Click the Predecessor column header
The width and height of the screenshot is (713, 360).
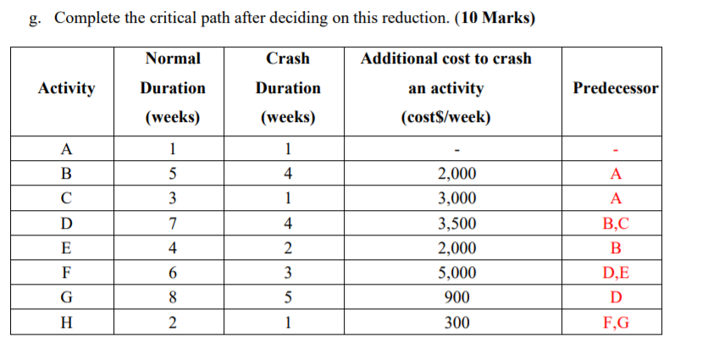616,88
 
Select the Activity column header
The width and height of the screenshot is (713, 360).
67,88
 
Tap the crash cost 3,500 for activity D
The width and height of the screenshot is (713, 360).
456,224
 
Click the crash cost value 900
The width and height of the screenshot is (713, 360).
456,298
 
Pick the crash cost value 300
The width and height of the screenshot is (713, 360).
456,323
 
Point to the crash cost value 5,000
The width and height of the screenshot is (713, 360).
456,274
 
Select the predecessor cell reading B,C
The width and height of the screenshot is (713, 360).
616,224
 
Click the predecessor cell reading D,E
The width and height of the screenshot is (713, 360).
616,274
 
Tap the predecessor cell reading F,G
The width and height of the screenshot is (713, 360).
616,323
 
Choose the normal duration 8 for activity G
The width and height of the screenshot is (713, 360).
173,298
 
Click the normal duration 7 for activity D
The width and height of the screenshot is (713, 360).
173,224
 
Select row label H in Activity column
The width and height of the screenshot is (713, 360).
67,323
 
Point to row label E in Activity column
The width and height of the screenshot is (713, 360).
67,249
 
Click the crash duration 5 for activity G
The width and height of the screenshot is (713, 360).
289,298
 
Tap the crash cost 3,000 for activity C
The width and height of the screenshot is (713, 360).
456,200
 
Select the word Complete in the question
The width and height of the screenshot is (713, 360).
83,19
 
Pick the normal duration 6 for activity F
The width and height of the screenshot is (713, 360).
173,274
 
